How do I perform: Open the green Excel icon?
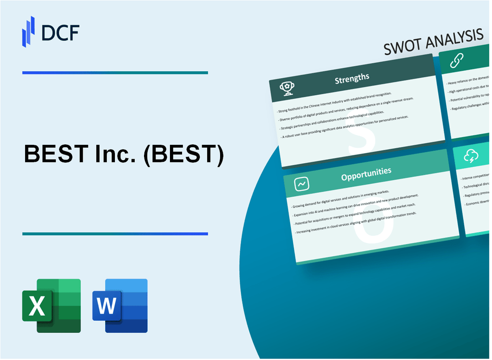pos(51,305)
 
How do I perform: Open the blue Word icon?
pos(120,305)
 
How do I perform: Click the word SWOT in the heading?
pos(404,46)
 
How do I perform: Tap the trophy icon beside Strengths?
pos(286,89)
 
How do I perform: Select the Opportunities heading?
pos(366,171)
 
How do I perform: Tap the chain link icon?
pos(457,60)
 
